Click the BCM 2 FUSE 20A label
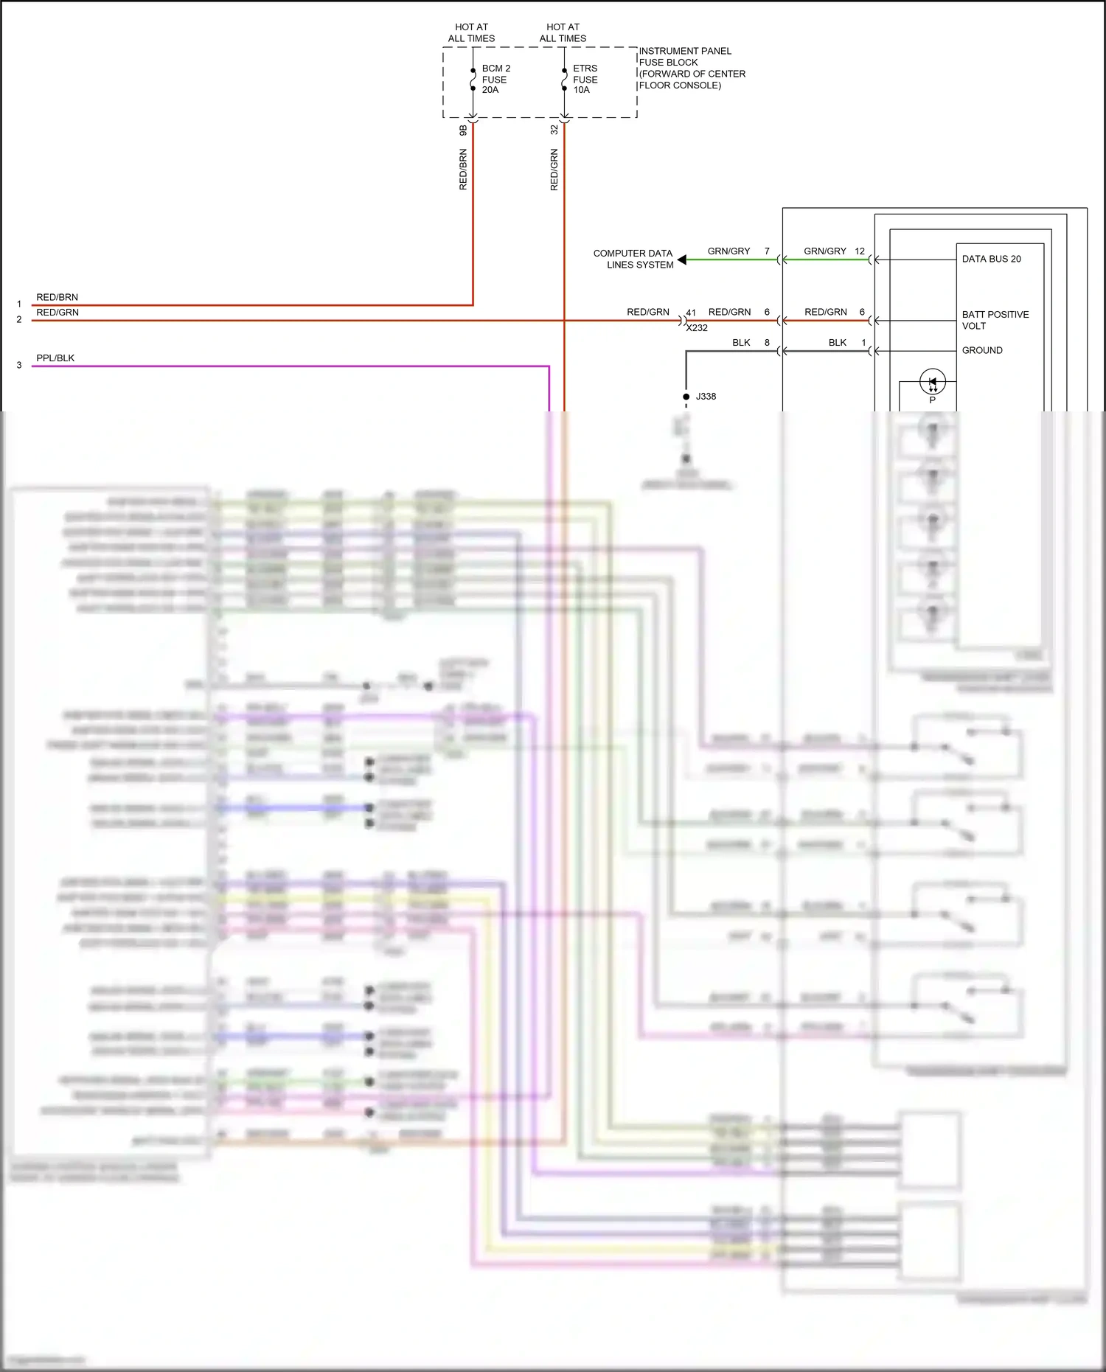495,79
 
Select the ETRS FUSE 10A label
585,79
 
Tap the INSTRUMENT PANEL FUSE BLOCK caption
691,68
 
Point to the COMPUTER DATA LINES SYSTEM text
633,259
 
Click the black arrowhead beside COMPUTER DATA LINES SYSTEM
682,260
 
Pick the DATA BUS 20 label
991,259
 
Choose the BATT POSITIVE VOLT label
995,320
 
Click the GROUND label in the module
982,350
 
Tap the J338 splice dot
686,397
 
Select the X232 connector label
697,328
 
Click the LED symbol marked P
933,382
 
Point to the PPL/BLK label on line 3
55,358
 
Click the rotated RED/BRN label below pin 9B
463,170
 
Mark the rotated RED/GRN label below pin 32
554,170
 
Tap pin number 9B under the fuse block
463,130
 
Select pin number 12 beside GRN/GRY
860,251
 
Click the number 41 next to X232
691,313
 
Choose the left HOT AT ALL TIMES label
471,32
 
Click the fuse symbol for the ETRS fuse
564,79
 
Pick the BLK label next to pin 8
741,343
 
